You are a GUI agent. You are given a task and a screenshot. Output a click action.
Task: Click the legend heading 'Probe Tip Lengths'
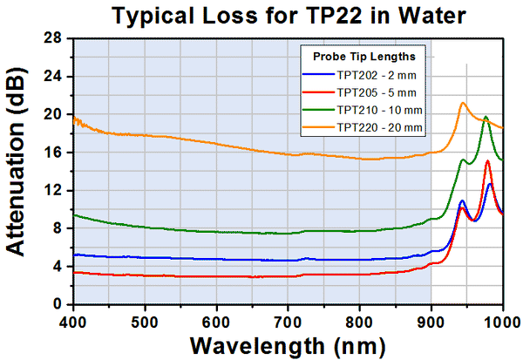(364, 57)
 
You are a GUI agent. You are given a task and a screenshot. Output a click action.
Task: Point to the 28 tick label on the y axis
(55, 38)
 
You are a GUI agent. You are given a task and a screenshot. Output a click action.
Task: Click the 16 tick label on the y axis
(55, 153)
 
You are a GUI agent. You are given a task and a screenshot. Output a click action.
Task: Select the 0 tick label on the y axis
(60, 304)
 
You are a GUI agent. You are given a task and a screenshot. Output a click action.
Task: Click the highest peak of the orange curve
(463, 103)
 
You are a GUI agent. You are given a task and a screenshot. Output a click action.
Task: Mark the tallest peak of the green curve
(486, 116)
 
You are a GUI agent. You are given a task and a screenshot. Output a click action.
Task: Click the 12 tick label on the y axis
(55, 190)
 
